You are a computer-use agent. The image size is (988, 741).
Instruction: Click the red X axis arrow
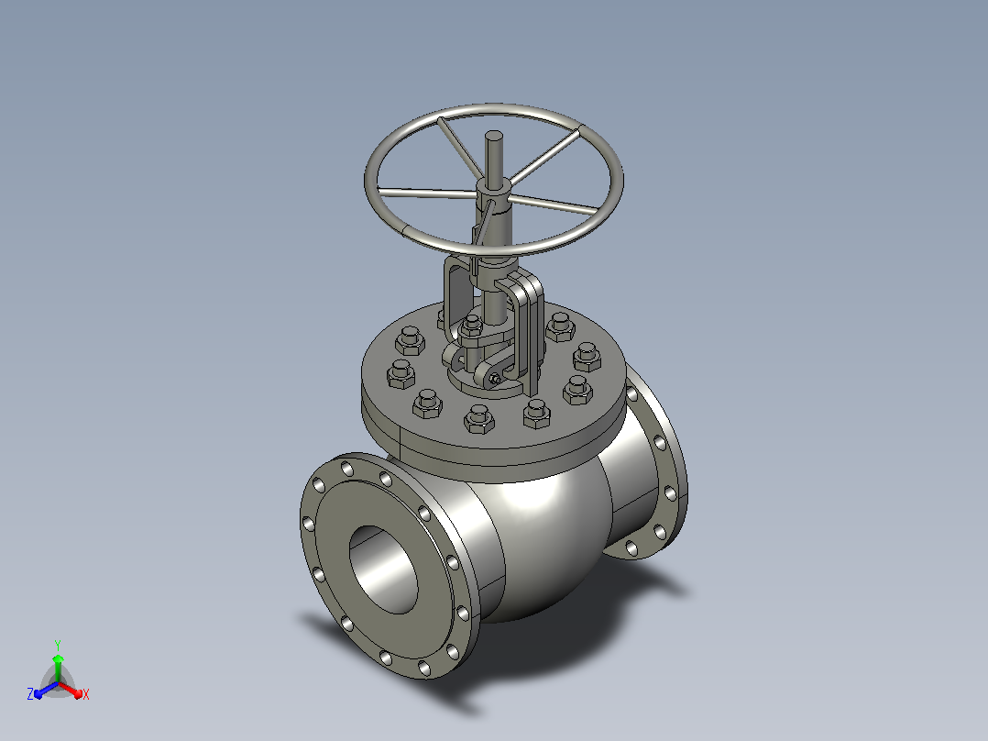tap(71, 690)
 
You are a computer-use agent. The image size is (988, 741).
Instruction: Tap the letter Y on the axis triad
tap(58, 646)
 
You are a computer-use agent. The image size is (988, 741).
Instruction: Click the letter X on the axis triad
tap(86, 694)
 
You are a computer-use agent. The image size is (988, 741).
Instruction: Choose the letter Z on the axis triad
tap(29, 693)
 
